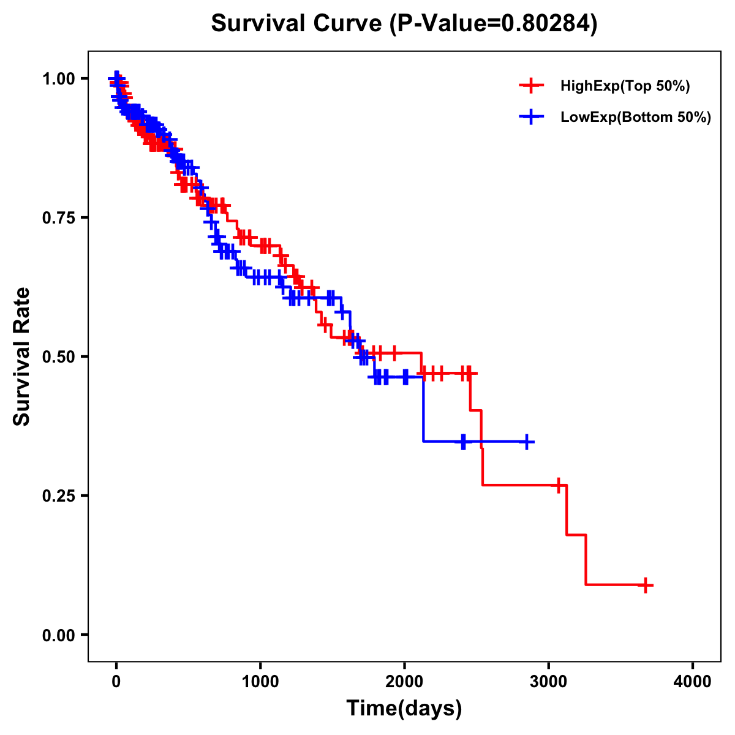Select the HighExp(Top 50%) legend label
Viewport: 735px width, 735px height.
[x=625, y=86]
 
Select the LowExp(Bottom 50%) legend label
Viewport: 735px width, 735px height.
[x=636, y=117]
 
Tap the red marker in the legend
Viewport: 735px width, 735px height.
[x=531, y=86]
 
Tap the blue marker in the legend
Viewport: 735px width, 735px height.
[x=531, y=116]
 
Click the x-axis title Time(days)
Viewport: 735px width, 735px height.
[x=404, y=709]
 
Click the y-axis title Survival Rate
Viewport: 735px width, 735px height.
[x=22, y=356]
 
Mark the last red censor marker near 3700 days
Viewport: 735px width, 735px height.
[x=646, y=585]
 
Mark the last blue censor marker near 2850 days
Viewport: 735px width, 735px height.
[x=526, y=442]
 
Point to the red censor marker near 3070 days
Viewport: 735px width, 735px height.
[x=558, y=485]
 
